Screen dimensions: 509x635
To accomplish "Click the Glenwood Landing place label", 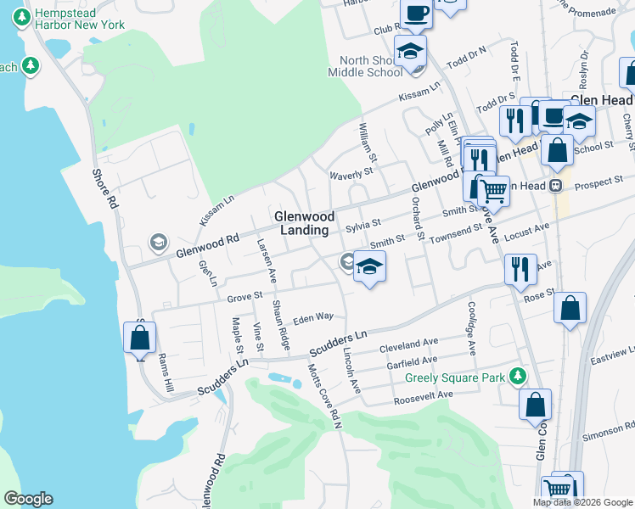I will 303,223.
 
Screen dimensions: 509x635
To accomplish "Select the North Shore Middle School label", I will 371,66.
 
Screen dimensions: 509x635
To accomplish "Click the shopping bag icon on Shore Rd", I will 139,338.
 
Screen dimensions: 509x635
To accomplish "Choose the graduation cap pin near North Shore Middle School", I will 411,51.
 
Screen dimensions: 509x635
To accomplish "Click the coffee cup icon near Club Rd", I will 416,14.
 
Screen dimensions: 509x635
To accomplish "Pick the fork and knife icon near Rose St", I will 520,269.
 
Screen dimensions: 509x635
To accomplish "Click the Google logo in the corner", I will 28,499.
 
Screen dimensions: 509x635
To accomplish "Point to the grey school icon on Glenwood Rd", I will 158,243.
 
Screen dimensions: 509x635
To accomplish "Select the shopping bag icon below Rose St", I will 570,310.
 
